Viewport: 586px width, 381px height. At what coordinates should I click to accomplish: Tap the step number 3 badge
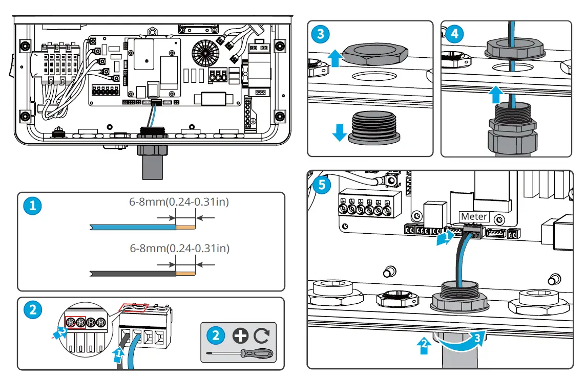click(x=321, y=34)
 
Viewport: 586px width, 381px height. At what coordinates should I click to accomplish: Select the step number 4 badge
click(x=454, y=34)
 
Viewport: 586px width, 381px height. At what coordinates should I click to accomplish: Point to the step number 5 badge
click(x=321, y=185)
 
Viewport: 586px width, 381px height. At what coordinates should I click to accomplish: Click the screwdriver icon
click(x=238, y=353)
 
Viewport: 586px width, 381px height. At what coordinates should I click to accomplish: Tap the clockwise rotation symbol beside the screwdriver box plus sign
click(x=261, y=335)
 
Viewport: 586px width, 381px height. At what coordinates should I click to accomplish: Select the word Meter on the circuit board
click(x=474, y=216)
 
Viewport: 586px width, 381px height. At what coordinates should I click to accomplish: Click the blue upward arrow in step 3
click(x=335, y=57)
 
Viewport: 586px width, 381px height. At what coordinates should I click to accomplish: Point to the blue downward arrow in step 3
click(x=339, y=131)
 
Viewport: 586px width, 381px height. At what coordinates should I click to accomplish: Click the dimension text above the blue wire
click(x=179, y=202)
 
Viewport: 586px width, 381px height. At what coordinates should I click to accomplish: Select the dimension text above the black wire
click(x=179, y=249)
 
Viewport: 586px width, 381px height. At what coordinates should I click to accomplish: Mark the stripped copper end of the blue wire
click(x=185, y=227)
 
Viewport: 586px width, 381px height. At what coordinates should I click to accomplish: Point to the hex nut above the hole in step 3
click(x=375, y=52)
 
